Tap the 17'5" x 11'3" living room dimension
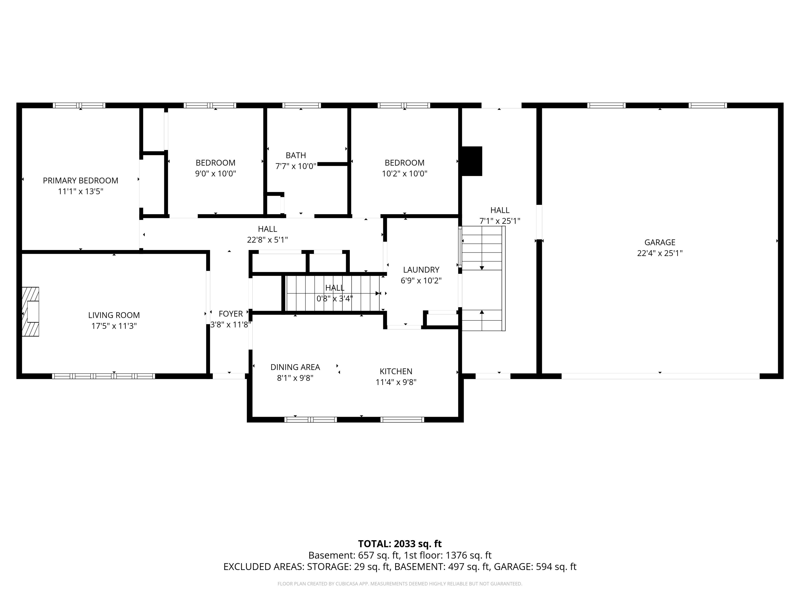[x=114, y=326]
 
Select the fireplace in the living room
[x=30, y=311]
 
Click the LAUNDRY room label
[x=421, y=270]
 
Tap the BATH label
[x=296, y=155]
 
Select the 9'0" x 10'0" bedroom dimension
[x=216, y=174]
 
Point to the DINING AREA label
[x=295, y=367]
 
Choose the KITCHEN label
[x=396, y=371]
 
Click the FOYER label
[x=231, y=314]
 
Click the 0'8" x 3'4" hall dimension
[x=335, y=299]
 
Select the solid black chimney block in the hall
[x=472, y=161]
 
